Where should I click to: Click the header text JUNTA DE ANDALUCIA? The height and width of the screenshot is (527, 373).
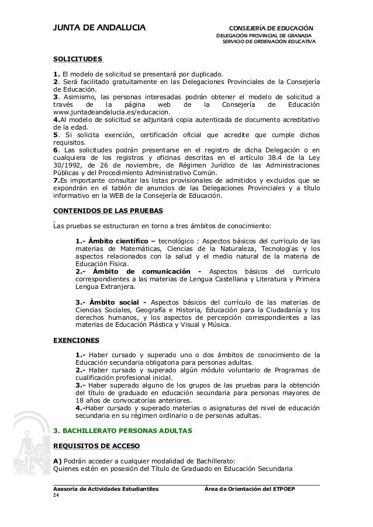pos(99,27)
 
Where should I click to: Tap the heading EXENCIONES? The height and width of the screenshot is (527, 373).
pos(76,339)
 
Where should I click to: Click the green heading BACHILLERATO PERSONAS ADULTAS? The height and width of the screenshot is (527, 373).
pos(127,430)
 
